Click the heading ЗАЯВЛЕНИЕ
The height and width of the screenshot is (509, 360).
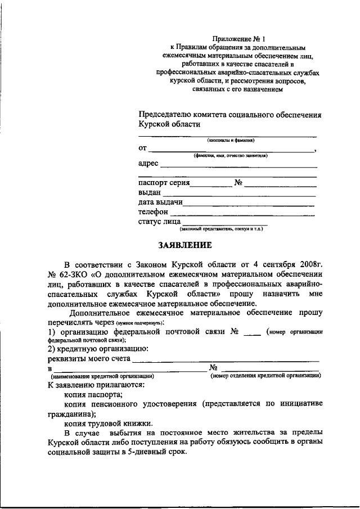pyautogui.click(x=184, y=245)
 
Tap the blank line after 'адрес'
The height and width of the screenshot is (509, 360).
pyautogui.click(x=238, y=167)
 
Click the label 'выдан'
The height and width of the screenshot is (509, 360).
pyautogui.click(x=148, y=192)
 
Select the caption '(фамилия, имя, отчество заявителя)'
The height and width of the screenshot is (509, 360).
pyautogui.click(x=230, y=155)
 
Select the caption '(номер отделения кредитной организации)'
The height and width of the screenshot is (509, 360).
pyautogui.click(x=265, y=376)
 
